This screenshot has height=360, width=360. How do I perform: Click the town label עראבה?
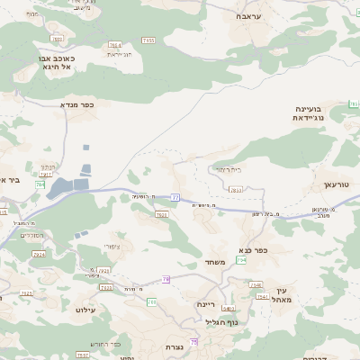tap(247, 16)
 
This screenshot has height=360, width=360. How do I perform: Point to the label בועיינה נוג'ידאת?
tap(313, 113)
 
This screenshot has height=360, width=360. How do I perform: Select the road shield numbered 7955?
tap(148, 40)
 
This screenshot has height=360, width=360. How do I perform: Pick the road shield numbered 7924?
tap(38, 255)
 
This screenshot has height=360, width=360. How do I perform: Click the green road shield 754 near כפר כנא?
tap(241, 260)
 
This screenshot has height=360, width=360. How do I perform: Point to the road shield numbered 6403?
tap(229, 308)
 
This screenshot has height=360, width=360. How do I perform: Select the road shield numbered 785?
tap(40, 184)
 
